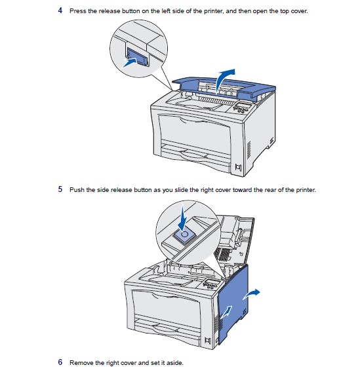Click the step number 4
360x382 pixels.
click(x=60, y=10)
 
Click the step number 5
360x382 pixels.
click(x=60, y=189)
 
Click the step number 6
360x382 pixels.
click(x=60, y=362)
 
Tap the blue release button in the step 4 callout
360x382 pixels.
click(x=137, y=56)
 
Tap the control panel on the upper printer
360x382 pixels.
click(x=241, y=107)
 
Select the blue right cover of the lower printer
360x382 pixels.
click(x=233, y=305)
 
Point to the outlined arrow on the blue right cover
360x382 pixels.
click(x=226, y=312)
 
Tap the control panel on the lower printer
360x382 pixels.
click(x=211, y=284)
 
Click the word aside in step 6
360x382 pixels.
click(x=175, y=363)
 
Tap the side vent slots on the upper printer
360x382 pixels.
click(x=249, y=150)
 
